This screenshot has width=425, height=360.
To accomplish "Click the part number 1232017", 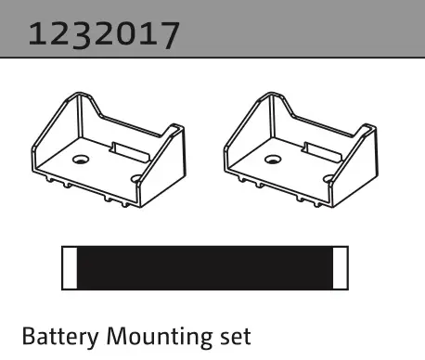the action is coord(104,34).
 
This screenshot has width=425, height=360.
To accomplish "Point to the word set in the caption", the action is coord(236,338).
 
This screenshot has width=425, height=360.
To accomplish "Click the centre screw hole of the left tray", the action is coord(81,160).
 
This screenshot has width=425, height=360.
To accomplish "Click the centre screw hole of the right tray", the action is coord(273,160).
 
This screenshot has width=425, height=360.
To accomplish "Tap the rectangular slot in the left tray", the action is coord(131,152).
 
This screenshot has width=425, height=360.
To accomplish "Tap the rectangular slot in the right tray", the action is coord(323,152).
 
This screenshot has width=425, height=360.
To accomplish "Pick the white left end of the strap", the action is coord(70,268).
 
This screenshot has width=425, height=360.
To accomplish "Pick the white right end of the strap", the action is coord(341,268).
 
